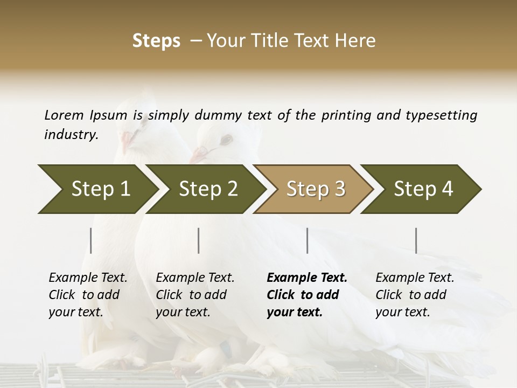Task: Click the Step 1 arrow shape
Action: tap(97, 189)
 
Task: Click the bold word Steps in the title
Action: tap(156, 41)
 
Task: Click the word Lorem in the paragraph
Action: tap(64, 115)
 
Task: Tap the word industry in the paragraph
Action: tap(71, 134)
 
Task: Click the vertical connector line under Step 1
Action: tap(91, 240)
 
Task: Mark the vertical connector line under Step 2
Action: tap(199, 240)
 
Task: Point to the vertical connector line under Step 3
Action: tap(307, 240)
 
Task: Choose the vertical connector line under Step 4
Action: tap(416, 240)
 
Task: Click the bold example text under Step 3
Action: tap(306, 295)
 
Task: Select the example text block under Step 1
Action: tap(88, 295)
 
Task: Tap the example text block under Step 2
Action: tap(195, 295)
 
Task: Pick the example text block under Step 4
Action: tap(415, 295)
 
